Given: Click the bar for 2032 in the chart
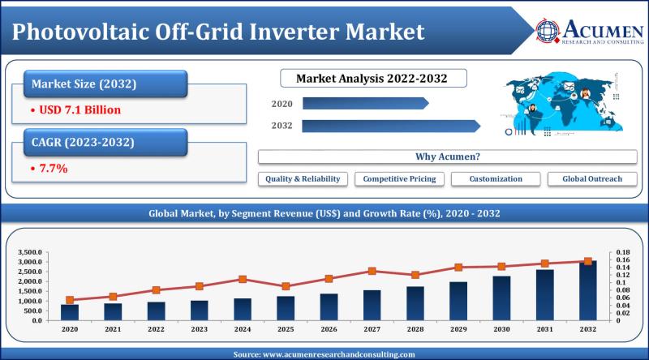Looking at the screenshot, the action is [587, 290].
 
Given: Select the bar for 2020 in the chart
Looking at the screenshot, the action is [70, 312].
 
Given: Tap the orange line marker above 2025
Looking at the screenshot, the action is [286, 286].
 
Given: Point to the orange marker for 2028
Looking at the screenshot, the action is [415, 275].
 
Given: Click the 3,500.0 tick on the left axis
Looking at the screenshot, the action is [30, 252].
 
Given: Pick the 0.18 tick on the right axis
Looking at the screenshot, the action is [623, 252].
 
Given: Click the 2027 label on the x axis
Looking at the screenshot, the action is [372, 329].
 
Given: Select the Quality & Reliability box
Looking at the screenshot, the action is [303, 178].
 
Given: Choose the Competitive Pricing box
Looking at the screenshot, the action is [399, 178].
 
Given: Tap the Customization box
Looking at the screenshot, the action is [496, 178].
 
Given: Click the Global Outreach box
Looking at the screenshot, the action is [592, 178].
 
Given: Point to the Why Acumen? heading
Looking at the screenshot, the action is [448, 156].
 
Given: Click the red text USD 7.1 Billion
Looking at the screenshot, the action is [80, 109].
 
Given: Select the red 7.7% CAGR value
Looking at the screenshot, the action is [54, 169].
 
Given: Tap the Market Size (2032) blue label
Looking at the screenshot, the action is [105, 84].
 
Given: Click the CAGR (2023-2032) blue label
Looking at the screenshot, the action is [105, 143].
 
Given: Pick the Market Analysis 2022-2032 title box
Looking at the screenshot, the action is [373, 78].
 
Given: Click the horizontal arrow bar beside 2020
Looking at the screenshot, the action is [366, 104].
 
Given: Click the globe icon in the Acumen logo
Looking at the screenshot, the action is [548, 31].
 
